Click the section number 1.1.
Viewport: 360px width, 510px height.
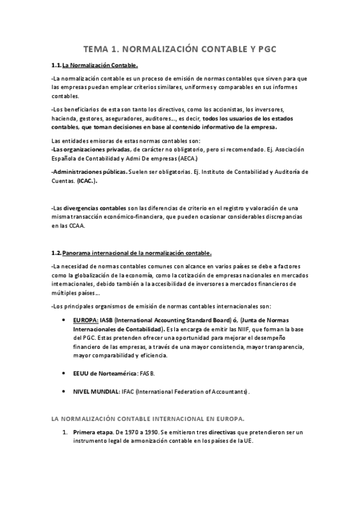tap(56, 66)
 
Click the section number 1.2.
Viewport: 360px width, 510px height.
tap(56, 253)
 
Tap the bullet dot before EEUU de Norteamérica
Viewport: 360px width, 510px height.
tap(64, 373)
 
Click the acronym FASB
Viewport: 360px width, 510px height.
tap(147, 373)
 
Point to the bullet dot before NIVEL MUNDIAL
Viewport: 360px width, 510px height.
tap(64, 392)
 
